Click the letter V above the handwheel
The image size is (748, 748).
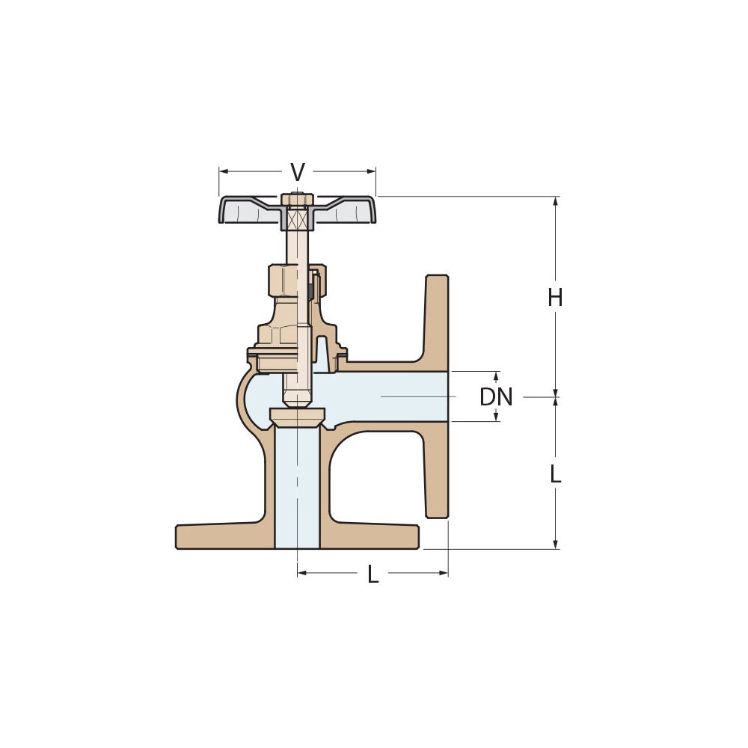[298, 173]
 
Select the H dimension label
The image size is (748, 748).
[554, 298]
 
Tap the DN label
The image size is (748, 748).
[496, 397]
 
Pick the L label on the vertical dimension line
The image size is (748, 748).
[555, 473]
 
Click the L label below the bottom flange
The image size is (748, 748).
[373, 574]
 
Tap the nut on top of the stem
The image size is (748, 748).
[298, 199]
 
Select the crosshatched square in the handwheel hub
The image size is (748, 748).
[298, 218]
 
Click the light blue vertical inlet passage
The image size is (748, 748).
[297, 486]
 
